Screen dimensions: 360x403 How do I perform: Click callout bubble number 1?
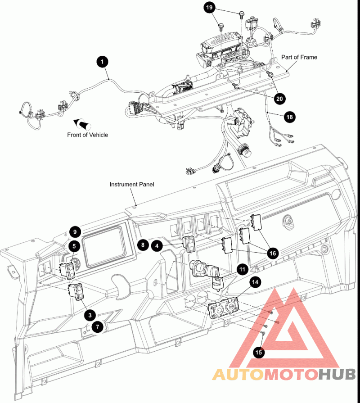(x=102, y=62)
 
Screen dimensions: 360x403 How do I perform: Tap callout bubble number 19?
(x=209, y=8)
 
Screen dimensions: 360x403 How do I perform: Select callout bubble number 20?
(x=279, y=99)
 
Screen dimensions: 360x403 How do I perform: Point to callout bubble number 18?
(x=289, y=117)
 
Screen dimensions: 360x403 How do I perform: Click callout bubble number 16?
(x=272, y=254)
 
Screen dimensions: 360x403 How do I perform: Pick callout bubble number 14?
(x=255, y=282)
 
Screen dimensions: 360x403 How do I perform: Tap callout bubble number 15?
(x=259, y=352)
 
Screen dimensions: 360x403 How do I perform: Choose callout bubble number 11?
(x=242, y=269)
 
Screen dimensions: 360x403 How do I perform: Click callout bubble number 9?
(x=75, y=232)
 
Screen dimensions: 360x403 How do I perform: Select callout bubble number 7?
(x=97, y=327)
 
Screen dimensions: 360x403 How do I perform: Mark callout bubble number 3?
(x=90, y=315)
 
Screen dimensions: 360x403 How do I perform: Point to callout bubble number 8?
(x=143, y=245)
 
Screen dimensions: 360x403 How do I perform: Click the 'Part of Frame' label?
(x=299, y=57)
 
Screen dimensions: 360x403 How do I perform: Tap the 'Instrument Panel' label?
(x=132, y=184)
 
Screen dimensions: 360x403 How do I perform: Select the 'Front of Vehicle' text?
(x=88, y=135)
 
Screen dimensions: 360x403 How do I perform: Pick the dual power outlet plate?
(x=223, y=308)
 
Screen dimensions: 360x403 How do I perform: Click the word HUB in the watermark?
(x=337, y=374)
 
